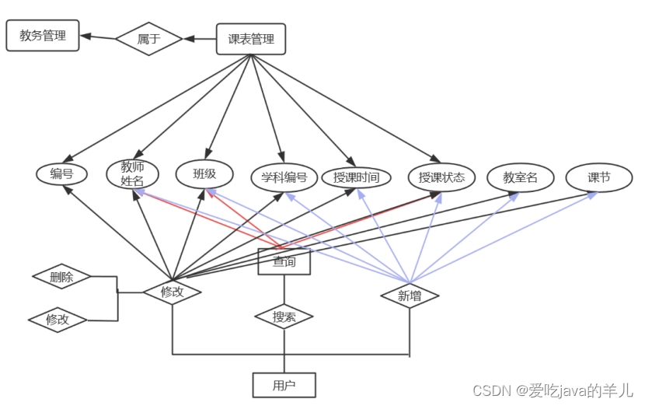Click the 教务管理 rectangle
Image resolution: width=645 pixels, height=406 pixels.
[x=43, y=36]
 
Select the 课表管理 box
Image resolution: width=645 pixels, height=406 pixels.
[x=251, y=39]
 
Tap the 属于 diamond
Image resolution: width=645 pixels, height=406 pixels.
[x=148, y=39]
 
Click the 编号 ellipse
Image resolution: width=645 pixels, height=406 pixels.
[x=61, y=174]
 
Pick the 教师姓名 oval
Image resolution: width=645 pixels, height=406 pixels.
[x=132, y=173]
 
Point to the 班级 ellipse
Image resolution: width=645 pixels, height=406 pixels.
[x=204, y=173]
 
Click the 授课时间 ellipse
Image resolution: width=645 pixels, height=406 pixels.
[x=356, y=177]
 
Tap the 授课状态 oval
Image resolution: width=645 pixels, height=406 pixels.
[x=441, y=177]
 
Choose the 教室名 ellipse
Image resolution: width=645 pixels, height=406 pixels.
[x=520, y=177]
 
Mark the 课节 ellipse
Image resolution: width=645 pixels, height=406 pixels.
[x=598, y=177]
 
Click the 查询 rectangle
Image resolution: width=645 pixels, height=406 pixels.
[x=284, y=261]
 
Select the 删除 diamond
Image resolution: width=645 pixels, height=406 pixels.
[x=61, y=276]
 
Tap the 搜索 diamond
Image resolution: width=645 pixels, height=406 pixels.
[x=284, y=317]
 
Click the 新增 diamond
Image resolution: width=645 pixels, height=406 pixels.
[x=410, y=296]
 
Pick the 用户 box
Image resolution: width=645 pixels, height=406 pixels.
[x=284, y=385]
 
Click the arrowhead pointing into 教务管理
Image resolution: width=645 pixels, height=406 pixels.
[x=85, y=36]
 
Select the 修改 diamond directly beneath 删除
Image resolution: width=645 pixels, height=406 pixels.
[x=58, y=320]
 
